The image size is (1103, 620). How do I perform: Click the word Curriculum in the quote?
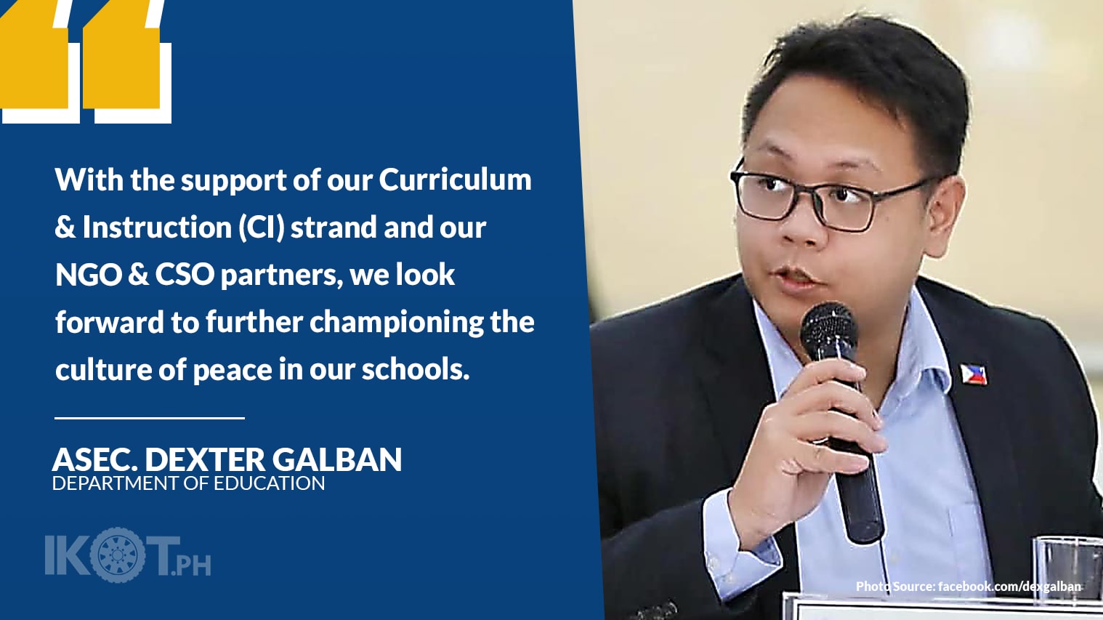455,180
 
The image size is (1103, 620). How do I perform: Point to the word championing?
397,322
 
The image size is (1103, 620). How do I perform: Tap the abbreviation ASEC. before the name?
94,459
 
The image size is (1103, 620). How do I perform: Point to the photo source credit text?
968,586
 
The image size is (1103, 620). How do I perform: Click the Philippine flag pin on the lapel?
974,374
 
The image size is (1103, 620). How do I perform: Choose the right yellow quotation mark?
124,62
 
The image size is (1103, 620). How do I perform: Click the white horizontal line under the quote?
150,418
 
